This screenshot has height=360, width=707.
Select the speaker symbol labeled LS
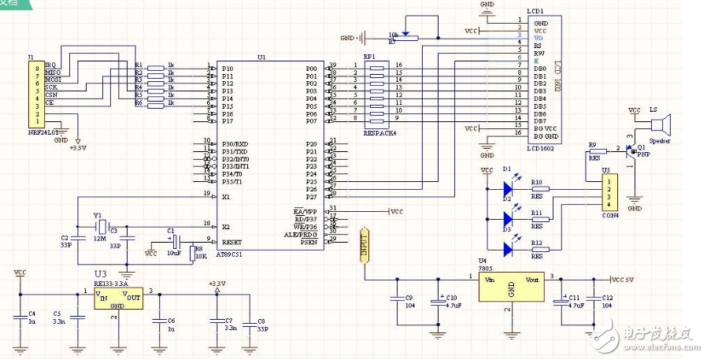coord(658,124)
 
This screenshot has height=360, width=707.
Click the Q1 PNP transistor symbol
coord(632,151)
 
